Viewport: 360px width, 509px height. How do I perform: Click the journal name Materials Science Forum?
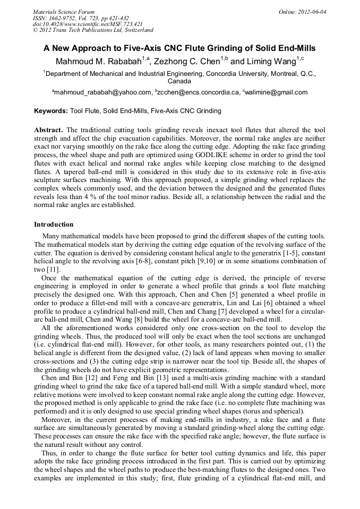click(64, 11)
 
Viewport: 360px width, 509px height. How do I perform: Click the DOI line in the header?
click(88, 24)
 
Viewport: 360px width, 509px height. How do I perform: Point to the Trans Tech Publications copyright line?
click(93, 30)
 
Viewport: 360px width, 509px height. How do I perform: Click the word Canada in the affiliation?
click(179, 82)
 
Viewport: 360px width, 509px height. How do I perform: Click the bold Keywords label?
click(50, 111)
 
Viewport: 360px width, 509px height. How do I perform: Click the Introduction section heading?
click(54, 225)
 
